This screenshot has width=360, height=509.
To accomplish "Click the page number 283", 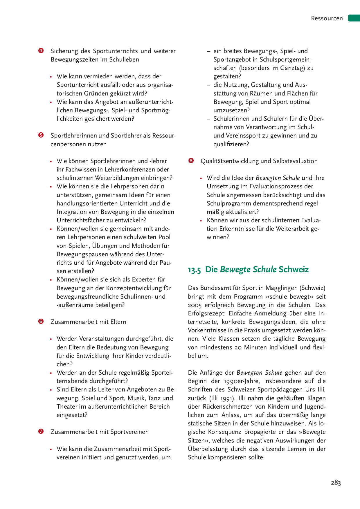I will [x=336, y=483].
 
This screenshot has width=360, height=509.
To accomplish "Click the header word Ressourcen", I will [x=327, y=18].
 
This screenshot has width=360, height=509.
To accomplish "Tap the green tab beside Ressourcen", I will [x=354, y=18].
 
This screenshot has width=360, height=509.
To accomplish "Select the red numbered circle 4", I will [x=41, y=50].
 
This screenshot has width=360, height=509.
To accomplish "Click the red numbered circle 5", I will [x=41, y=135].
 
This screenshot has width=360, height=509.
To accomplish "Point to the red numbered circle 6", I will [x=41, y=321].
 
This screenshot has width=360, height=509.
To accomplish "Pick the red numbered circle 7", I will [x=41, y=431].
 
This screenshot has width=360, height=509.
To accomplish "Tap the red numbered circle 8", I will [x=191, y=160].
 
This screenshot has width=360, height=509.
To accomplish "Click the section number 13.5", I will [x=194, y=270].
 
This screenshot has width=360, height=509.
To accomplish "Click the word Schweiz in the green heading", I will [x=294, y=270].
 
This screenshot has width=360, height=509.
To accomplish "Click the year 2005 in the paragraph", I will [x=195, y=305].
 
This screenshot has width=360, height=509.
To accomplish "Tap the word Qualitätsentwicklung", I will [x=228, y=161].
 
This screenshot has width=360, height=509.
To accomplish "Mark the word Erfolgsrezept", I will [x=207, y=313].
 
